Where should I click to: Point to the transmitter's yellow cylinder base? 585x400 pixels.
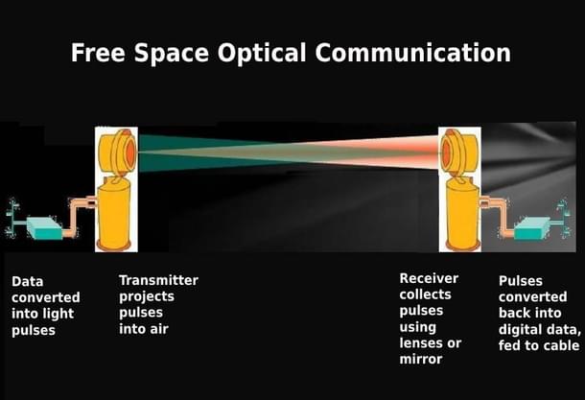(x=116, y=217)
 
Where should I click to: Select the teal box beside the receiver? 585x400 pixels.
(x=532, y=228)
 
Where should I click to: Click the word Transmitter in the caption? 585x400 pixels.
(x=158, y=280)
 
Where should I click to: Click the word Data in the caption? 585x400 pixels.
(x=28, y=282)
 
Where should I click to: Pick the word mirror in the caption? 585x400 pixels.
(x=421, y=360)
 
